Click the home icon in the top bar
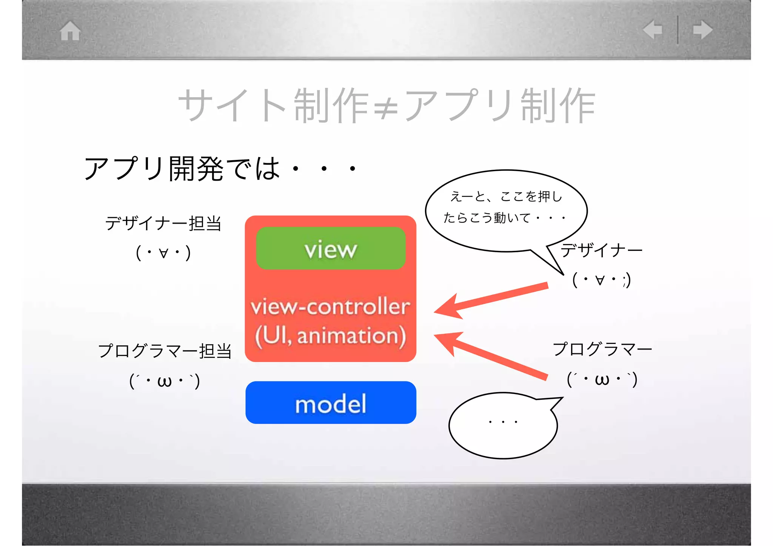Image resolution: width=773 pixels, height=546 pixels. coord(70,31)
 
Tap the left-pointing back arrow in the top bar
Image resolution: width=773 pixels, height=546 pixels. coord(653,30)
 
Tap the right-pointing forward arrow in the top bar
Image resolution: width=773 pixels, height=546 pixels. coord(703,30)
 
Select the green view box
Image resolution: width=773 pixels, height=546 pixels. coord(331,248)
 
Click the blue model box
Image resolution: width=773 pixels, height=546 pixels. coord(331,403)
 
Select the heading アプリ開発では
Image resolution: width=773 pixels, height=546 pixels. coord(182,169)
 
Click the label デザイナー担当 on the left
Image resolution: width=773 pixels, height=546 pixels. coord(163,223)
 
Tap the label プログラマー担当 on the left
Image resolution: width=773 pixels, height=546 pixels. coord(165,351)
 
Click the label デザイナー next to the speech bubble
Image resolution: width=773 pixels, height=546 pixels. coord(601,250)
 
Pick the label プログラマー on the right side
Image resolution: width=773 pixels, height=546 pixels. coord(602,349)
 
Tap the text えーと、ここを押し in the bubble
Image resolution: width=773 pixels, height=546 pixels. coord(507,196)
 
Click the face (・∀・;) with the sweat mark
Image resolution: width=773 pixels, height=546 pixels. coord(601,280)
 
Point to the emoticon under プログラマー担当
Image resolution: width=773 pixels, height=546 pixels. coord(165,381)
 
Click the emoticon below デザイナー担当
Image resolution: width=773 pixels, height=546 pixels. coord(163,253)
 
